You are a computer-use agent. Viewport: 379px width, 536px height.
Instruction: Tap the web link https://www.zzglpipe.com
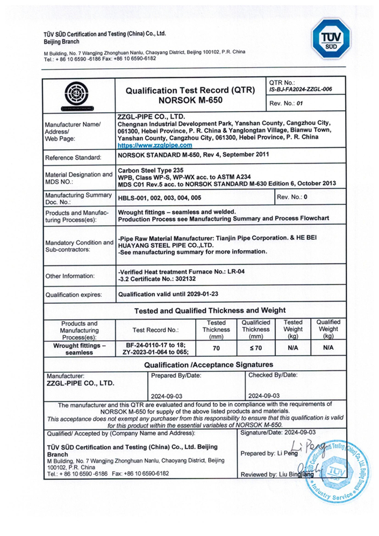[x=154, y=145]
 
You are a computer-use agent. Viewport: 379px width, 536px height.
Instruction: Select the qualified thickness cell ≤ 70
[x=255, y=348]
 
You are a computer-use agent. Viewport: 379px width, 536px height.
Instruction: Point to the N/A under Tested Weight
[x=292, y=348]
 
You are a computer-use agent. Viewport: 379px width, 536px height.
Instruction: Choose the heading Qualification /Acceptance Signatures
[x=210, y=365]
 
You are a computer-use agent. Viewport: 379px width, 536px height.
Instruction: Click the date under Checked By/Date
[x=264, y=395]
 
